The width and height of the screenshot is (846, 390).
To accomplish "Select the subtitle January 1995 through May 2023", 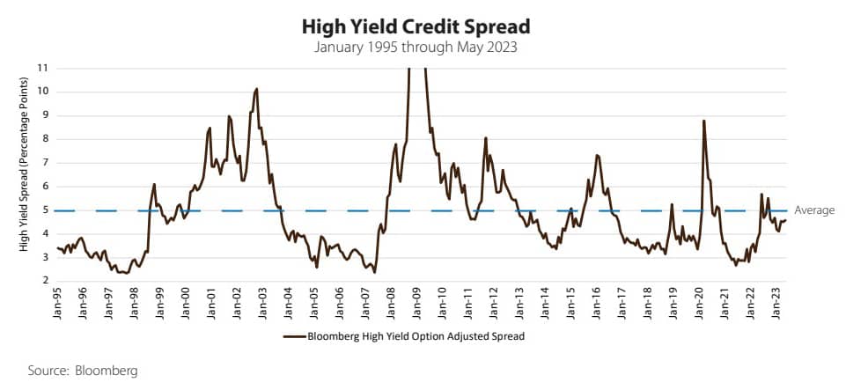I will coord(423,46).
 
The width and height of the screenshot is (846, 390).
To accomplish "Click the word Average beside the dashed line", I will coord(813,210).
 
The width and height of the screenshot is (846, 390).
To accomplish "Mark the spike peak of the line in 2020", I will coord(704,121).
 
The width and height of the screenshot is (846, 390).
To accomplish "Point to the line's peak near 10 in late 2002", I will coord(256,88).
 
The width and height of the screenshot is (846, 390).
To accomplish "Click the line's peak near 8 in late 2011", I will coord(485,137).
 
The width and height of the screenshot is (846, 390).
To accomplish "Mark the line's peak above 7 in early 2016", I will coord(598,155).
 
